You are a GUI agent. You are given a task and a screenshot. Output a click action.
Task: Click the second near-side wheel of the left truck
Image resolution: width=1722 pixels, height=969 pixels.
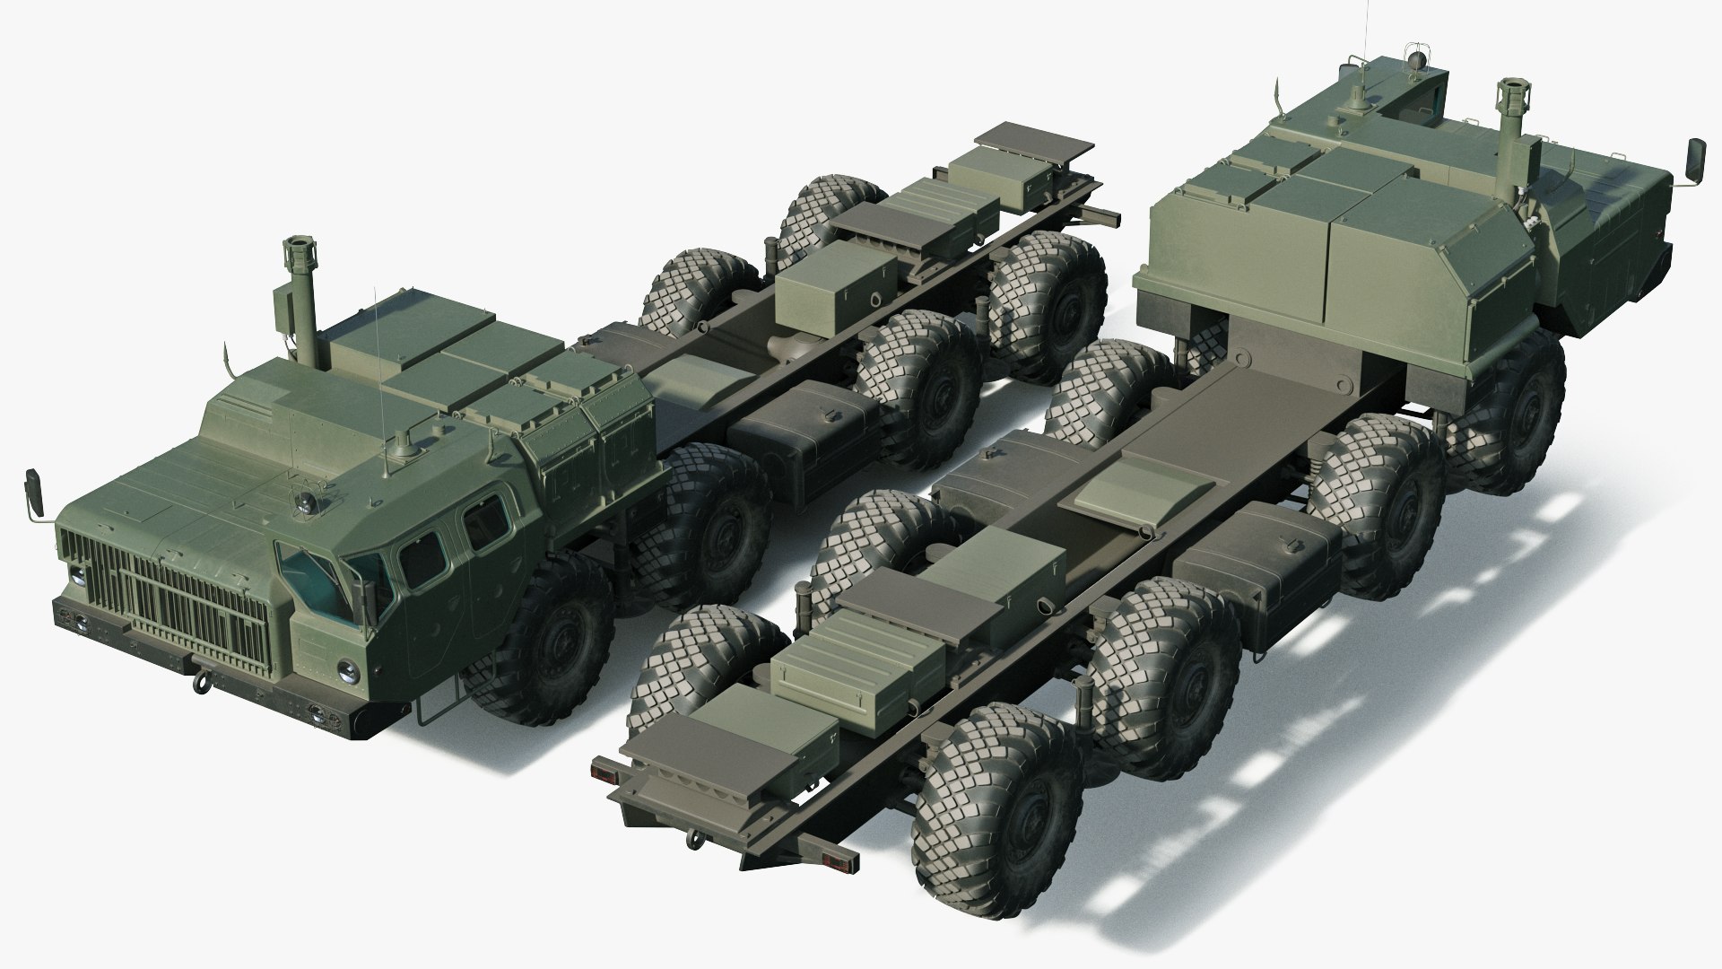coord(713,529)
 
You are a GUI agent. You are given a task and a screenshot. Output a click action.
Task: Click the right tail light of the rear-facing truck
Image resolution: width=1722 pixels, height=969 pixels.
coord(832,863)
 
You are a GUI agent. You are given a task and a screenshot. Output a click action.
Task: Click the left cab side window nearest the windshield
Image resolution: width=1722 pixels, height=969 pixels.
coord(423,561)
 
